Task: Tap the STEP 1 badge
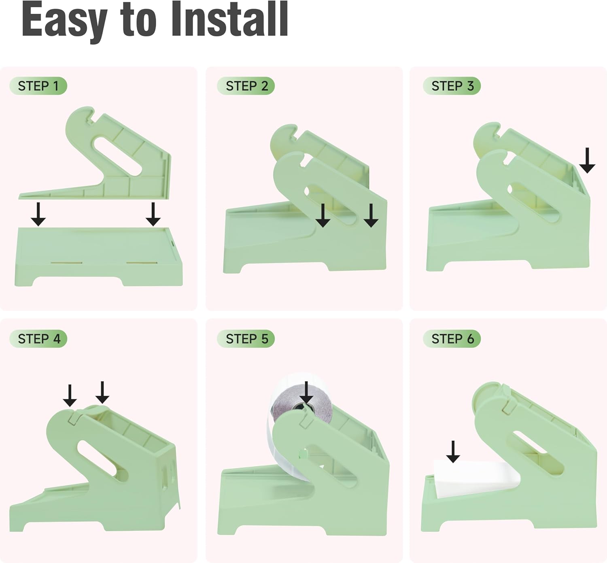pos(38,86)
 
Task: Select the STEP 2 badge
pos(246,86)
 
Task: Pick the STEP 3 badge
pos(452,86)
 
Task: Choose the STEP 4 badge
pos(38,339)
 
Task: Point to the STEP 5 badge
pos(246,339)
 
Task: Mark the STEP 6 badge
pos(452,339)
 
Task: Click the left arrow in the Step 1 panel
pos(38,214)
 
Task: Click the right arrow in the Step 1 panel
pos(153,214)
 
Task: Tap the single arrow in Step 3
pos(587,161)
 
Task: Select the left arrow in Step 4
pos(70,396)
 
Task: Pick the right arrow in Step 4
pos(102,392)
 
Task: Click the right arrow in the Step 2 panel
pos(371,216)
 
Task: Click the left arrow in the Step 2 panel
pos(323,216)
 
